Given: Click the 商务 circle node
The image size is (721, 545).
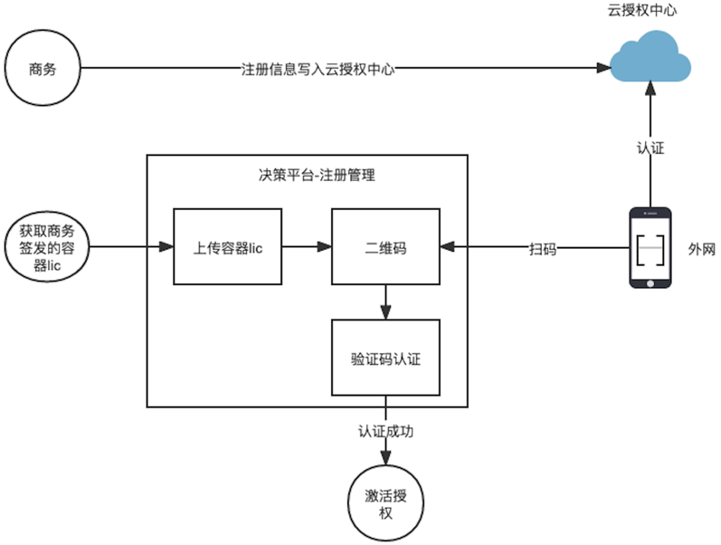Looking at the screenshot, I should (x=43, y=68).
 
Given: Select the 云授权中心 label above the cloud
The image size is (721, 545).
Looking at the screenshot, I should (x=642, y=11).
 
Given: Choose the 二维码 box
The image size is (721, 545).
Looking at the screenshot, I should (x=386, y=246).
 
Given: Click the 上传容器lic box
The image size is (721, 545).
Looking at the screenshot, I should (x=228, y=246).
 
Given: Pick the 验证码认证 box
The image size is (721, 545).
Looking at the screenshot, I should (x=386, y=358).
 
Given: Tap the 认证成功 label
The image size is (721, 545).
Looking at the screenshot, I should (x=386, y=430).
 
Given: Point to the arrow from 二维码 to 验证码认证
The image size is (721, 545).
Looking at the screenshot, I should (x=386, y=301).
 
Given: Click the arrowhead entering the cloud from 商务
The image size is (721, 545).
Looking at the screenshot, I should (x=601, y=68).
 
